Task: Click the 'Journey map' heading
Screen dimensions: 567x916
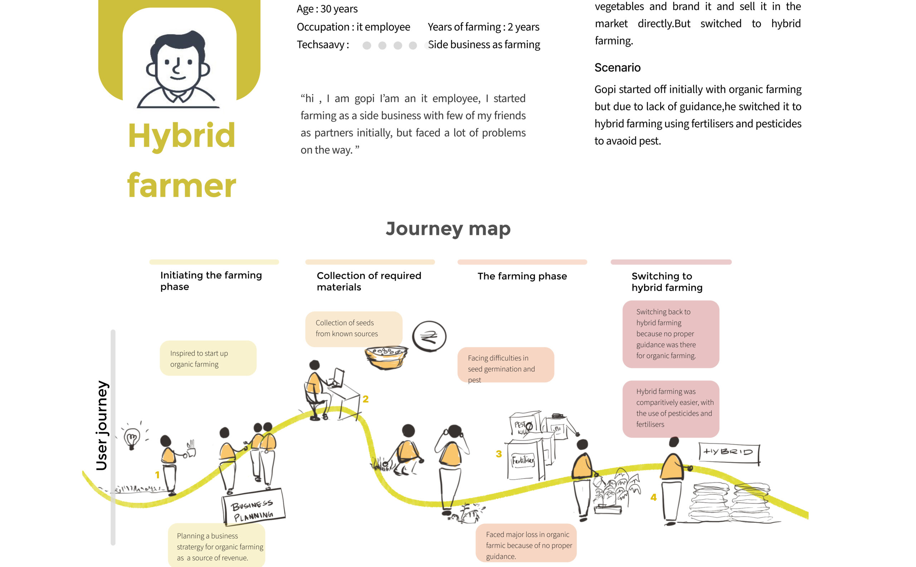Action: click(448, 229)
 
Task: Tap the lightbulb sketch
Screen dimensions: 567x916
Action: click(132, 438)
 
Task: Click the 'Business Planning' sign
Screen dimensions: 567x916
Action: click(253, 506)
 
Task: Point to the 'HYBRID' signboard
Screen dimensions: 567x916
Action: click(729, 453)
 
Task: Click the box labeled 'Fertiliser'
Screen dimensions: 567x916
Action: click(523, 460)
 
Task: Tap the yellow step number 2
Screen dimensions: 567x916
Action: click(366, 399)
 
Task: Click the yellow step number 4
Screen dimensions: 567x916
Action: click(653, 498)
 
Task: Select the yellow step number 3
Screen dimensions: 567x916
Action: click(498, 454)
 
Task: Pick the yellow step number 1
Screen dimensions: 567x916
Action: click(157, 475)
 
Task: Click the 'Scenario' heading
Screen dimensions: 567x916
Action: click(618, 68)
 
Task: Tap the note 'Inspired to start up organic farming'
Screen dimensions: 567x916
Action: click(208, 358)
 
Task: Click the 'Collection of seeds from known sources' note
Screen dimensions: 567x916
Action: click(354, 328)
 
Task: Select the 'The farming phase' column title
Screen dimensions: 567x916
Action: click(522, 277)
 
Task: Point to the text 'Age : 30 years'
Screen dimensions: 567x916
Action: click(327, 9)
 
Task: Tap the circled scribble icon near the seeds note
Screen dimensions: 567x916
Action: click(429, 336)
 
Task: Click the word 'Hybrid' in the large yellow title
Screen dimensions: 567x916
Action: click(181, 136)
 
